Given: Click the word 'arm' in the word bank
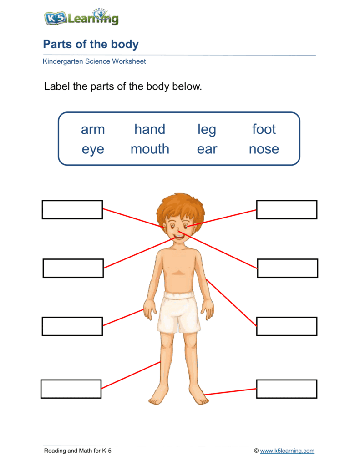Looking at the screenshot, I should point(93,129).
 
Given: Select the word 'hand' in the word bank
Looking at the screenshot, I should point(150,129).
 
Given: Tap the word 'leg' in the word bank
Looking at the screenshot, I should point(207,130).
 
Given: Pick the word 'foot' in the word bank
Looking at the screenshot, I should point(264,129).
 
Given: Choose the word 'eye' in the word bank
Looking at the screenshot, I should point(93,150).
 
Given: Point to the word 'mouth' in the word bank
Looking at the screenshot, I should point(150,149).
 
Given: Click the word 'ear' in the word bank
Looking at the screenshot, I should point(207,149).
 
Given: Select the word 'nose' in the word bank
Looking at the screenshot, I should point(264,149).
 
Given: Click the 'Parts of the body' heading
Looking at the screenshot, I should point(91,44).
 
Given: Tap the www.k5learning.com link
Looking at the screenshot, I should point(287,451).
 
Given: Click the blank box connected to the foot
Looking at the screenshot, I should point(286,389).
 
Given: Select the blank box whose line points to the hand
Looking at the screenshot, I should point(72,326).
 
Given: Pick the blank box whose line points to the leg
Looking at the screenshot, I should point(71,389).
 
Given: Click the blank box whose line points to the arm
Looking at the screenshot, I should point(286,326).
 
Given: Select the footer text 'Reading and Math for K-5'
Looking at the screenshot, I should point(77,451).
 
